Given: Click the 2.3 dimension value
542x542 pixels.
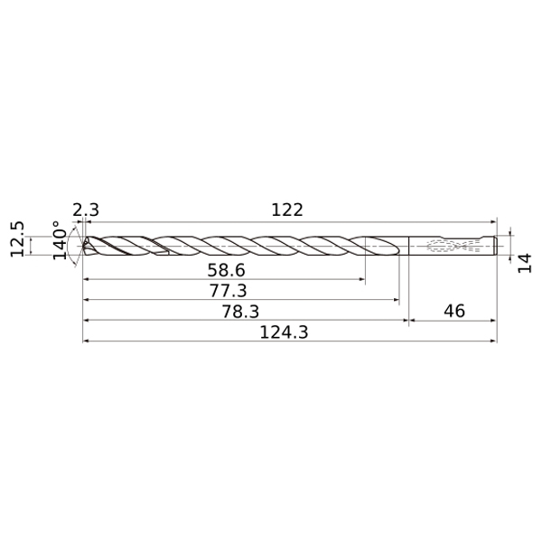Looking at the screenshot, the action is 86,210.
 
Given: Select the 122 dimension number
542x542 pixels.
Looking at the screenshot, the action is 287,210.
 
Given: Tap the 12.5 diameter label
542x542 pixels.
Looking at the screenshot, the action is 17,238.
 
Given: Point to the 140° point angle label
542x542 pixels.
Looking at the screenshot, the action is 60,240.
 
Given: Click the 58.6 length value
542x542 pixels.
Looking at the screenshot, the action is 226,270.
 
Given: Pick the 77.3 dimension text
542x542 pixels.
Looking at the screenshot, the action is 229,290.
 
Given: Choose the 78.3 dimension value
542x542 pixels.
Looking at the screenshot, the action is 240,311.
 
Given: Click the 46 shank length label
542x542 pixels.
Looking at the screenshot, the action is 454,311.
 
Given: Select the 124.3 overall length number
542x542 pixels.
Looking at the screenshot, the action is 284,332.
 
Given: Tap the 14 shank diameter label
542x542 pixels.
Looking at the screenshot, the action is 524,263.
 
